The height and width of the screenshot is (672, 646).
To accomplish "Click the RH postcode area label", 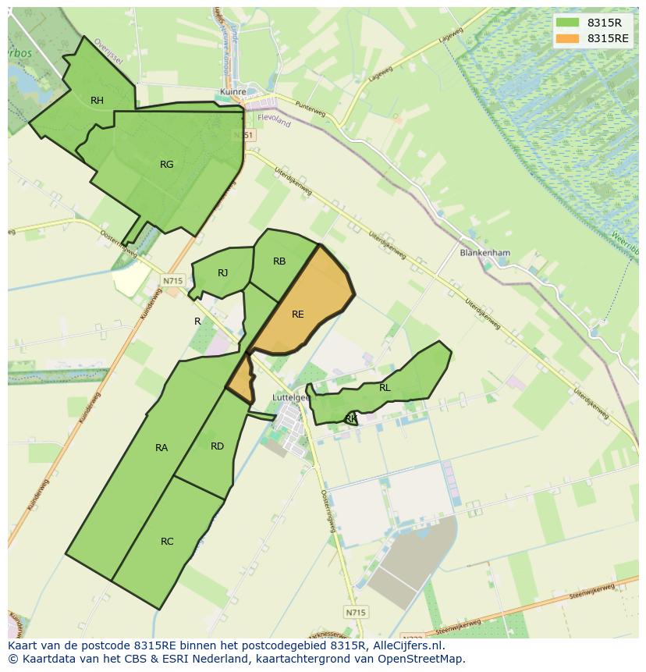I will (x=97, y=100).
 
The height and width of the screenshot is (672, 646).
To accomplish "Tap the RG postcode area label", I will (x=166, y=164).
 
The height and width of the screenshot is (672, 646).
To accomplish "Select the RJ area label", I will (x=222, y=272).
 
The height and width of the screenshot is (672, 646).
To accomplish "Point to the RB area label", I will (x=279, y=261).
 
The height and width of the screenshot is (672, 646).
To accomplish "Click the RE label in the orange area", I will (x=297, y=314).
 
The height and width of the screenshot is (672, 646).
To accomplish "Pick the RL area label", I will (x=385, y=387).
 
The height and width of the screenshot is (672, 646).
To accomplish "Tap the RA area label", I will (x=161, y=447).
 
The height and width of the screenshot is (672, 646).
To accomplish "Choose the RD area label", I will (x=217, y=446).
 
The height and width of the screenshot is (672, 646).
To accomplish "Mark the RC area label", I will (x=167, y=541).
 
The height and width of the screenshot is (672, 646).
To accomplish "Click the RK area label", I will (x=351, y=419).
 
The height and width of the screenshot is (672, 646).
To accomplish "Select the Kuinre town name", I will (x=233, y=91).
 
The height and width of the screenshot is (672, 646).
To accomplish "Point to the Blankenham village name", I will (x=484, y=253).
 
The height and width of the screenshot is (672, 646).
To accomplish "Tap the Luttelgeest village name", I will (x=290, y=396).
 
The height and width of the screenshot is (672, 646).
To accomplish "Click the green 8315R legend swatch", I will (x=568, y=23).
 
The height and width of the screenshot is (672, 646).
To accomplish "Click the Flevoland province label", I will (x=273, y=122).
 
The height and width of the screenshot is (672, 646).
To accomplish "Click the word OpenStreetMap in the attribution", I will (x=422, y=659).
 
